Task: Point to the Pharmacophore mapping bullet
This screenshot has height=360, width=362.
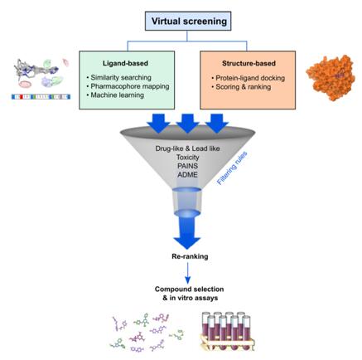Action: (129, 85)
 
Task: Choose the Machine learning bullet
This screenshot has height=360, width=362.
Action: (118, 95)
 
